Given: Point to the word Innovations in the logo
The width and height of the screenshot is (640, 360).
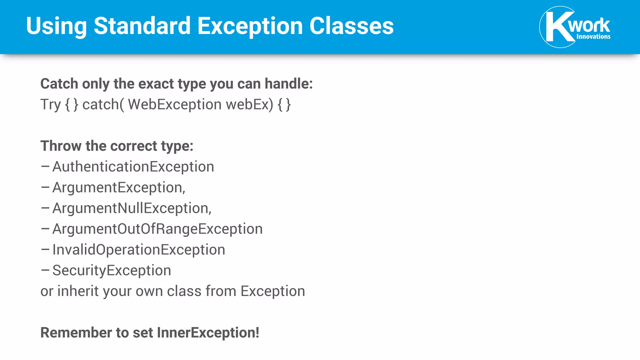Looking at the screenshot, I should pos(593,37).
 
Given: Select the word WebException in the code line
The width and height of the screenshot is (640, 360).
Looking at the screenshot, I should pos(175,104).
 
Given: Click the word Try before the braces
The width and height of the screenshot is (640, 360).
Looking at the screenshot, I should pos(50,105).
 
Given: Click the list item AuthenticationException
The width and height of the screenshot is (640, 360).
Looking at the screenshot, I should pos(133,167).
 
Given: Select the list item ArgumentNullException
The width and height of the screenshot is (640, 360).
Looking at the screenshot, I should pos(131,208).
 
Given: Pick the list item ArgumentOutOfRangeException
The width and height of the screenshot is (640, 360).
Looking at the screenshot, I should pos(157,229).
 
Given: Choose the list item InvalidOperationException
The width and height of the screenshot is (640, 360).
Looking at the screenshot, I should pos(139,250).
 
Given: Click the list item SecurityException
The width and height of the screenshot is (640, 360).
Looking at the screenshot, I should pos(112,270).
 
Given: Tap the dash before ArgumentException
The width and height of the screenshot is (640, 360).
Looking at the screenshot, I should pos(45,187).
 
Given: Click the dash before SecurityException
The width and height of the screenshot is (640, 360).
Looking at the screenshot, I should pos(45,270).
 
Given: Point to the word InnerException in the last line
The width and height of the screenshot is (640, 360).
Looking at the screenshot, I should pos(208,332).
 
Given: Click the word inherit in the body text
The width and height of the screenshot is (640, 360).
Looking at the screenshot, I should pos(78,291).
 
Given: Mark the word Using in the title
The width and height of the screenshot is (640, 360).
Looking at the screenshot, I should pos(56,26).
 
